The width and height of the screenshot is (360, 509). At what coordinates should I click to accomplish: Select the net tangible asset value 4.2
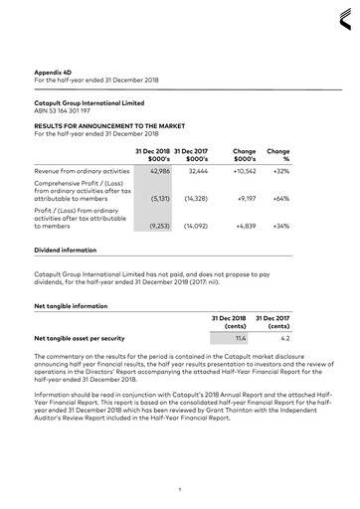click(282, 338)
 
